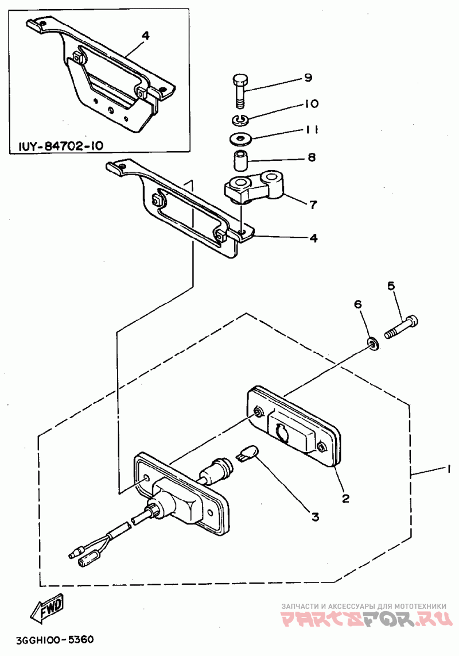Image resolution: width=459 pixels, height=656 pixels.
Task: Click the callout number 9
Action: (x=308, y=78)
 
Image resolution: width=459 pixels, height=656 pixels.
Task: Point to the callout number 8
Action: (x=312, y=157)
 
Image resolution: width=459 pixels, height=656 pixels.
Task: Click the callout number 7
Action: (x=313, y=204)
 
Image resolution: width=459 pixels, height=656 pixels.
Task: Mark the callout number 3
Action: (x=315, y=516)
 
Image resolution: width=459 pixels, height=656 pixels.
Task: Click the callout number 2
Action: (x=345, y=498)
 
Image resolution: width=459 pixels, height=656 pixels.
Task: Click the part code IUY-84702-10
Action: (x=61, y=146)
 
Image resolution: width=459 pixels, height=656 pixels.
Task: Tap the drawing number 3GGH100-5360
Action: (x=55, y=640)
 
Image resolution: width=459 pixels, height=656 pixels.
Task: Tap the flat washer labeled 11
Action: (x=239, y=138)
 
